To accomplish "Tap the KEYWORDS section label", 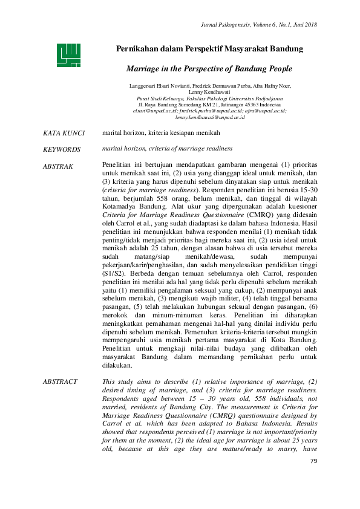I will [62, 149].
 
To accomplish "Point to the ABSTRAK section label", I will [59, 165].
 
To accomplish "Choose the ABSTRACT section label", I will [61, 381].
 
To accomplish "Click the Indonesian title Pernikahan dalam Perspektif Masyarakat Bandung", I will [210, 48].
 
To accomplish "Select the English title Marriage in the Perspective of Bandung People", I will [210, 69].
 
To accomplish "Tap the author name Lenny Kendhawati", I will [209, 91].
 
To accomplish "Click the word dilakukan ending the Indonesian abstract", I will [117, 365].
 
